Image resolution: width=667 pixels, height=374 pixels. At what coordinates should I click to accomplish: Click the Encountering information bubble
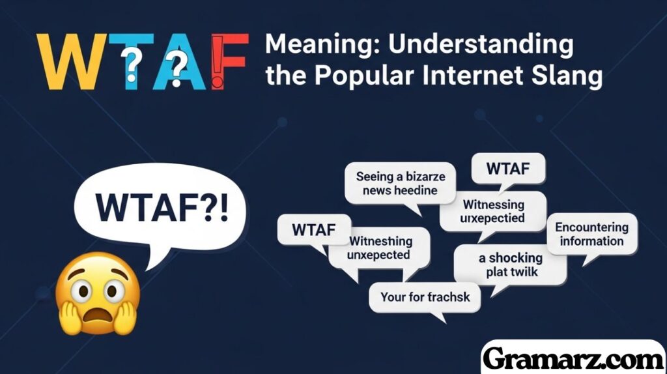tap(591, 235)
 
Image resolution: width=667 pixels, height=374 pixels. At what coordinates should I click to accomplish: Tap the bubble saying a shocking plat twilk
tap(509, 265)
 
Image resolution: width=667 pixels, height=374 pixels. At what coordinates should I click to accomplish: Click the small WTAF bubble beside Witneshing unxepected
tap(313, 229)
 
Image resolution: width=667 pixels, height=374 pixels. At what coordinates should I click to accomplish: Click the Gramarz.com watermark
tap(573, 358)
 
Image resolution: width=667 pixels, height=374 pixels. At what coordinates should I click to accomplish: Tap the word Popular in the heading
tap(358, 76)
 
